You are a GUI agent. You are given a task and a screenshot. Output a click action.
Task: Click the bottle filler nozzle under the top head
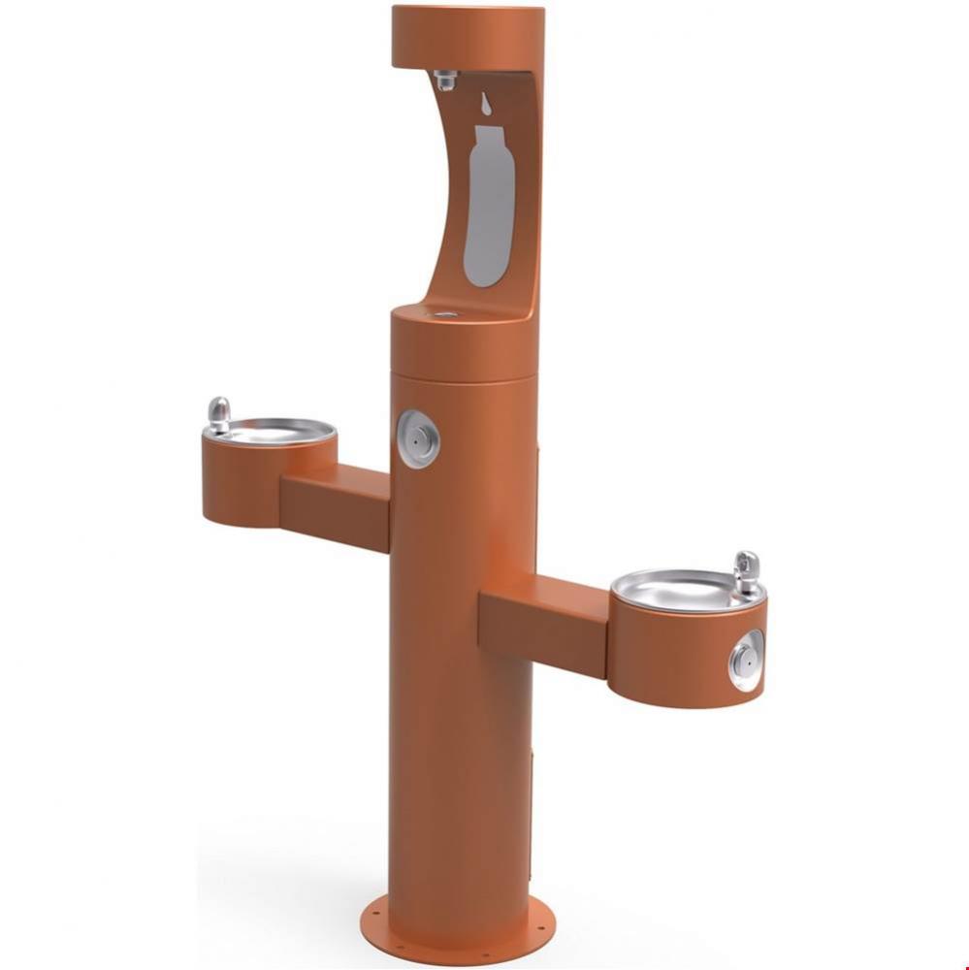[446, 80]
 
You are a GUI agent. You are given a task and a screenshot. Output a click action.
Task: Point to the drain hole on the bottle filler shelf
[446, 313]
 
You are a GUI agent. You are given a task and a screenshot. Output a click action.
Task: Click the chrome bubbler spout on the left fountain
[219, 414]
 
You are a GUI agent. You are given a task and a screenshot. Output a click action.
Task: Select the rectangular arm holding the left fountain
[335, 504]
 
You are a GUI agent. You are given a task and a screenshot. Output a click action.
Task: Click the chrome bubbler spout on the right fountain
[746, 571]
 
